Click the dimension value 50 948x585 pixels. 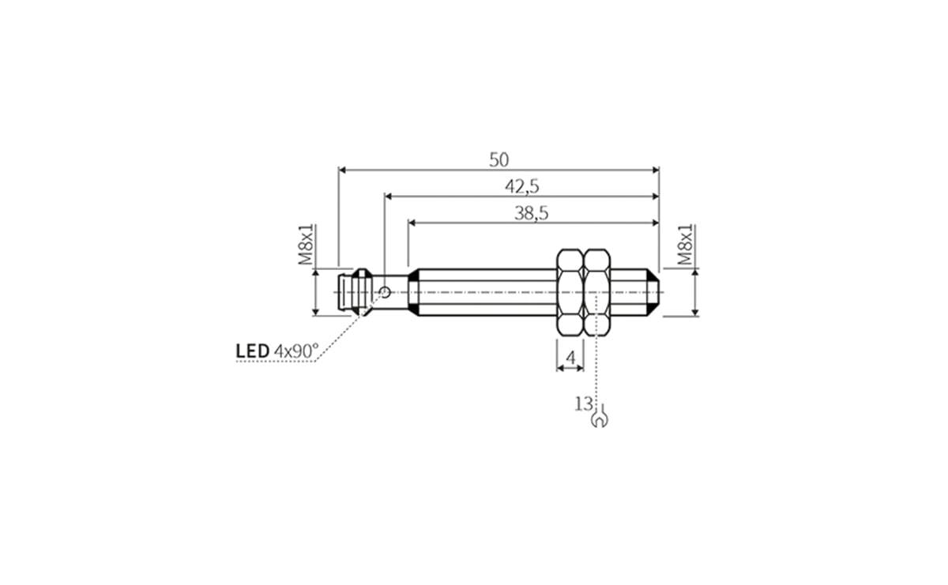(x=498, y=159)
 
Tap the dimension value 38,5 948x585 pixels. (x=532, y=212)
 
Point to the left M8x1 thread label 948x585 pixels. (x=307, y=245)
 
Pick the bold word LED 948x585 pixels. (x=252, y=350)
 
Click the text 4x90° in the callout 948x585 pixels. (x=295, y=350)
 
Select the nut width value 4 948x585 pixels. (x=570, y=358)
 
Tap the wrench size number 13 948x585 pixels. (x=583, y=404)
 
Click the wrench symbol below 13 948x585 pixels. (x=600, y=418)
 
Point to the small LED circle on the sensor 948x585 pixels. (x=385, y=293)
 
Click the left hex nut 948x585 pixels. (x=570, y=292)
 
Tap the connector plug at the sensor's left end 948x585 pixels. (x=352, y=293)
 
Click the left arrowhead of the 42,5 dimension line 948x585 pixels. (x=389, y=196)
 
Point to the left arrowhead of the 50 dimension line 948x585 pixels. (x=343, y=169)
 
